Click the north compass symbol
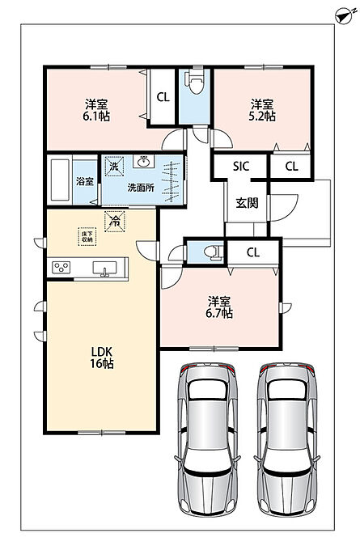tap(343, 16)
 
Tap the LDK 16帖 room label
tap(102, 357)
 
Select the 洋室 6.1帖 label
tap(96, 110)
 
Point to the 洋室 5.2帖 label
tap(262, 110)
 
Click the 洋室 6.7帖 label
tap(219, 307)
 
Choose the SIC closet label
tap(241, 167)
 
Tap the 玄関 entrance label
tap(247, 203)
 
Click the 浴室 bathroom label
tap(85, 182)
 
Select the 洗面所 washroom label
tap(141, 188)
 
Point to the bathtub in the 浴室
tap(60, 180)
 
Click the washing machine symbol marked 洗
tap(114, 166)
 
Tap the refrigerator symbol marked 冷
tap(114, 222)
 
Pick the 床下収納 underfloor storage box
tap(87, 237)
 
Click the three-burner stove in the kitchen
tap(61, 268)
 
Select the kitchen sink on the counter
tap(104, 269)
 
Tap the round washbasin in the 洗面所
tap(143, 162)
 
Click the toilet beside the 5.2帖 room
tap(196, 82)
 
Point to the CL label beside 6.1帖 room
tap(163, 97)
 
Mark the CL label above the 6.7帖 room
tap(253, 252)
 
